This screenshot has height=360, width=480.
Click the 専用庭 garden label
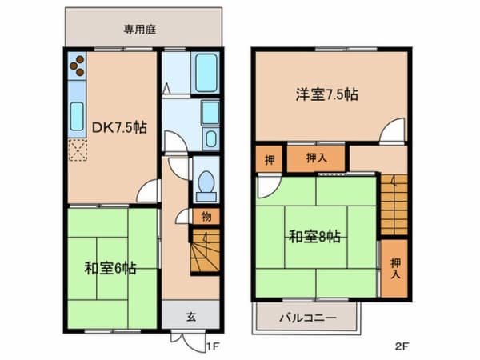click(x=140, y=30)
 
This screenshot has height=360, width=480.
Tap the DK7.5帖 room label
click(x=119, y=128)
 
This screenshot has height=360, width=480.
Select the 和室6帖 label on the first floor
click(x=110, y=269)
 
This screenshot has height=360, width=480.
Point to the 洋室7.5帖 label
click(x=326, y=94)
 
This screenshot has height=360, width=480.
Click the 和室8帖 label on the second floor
click(x=314, y=236)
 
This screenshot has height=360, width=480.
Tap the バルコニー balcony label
click(x=308, y=318)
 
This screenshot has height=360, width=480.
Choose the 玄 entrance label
click(x=191, y=317)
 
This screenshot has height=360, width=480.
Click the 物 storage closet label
click(x=206, y=217)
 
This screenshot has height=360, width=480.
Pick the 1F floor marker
click(x=213, y=346)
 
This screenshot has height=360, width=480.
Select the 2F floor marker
click(x=402, y=346)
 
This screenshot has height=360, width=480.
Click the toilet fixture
click(x=206, y=186)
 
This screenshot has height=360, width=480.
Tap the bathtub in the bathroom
click(x=206, y=73)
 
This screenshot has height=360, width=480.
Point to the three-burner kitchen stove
click(x=77, y=66)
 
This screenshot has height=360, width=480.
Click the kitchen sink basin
click(x=77, y=116)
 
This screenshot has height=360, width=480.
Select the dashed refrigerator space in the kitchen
click(x=78, y=150)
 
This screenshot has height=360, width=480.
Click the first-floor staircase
click(x=205, y=250)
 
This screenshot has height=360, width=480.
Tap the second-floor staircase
click(x=394, y=205)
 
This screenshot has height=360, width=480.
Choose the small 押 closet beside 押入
click(x=270, y=159)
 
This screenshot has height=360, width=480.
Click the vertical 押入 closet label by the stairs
click(x=395, y=268)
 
